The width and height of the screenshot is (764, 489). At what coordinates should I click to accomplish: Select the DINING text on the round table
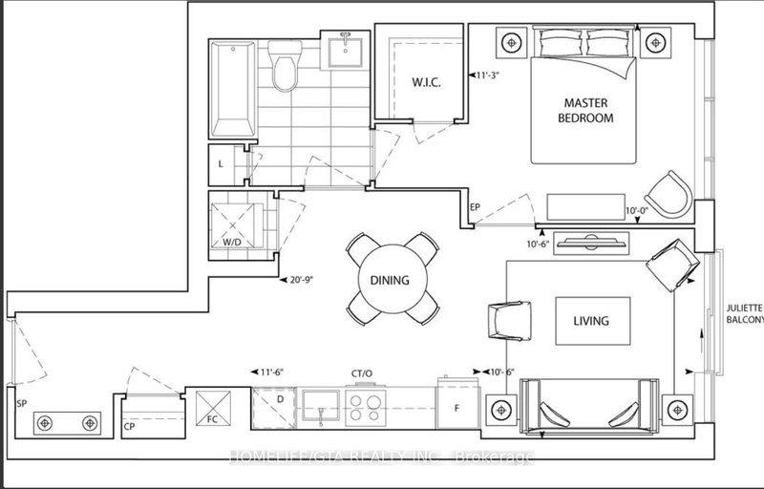tap(393, 281)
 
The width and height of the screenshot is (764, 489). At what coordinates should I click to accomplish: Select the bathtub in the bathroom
tap(232, 89)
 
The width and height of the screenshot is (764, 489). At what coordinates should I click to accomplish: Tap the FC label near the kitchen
tap(211, 417)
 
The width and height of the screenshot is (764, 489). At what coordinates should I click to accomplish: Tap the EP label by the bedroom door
tap(475, 206)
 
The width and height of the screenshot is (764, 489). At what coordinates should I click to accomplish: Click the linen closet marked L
tap(222, 164)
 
